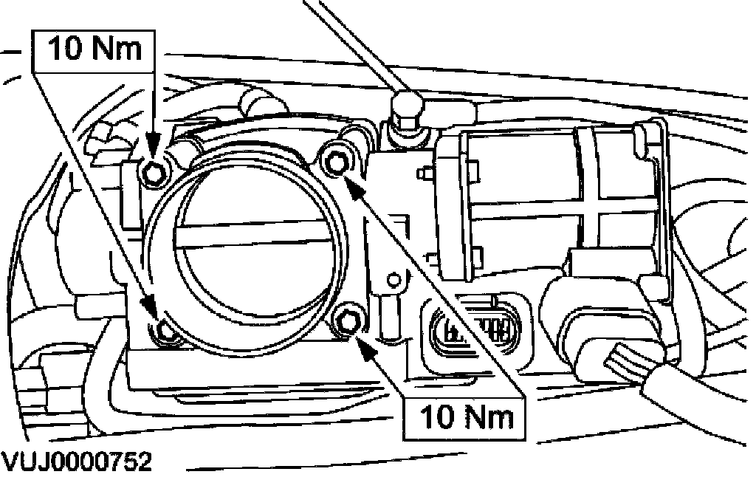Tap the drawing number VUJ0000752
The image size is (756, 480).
77,463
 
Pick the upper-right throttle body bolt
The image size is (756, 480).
337,160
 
